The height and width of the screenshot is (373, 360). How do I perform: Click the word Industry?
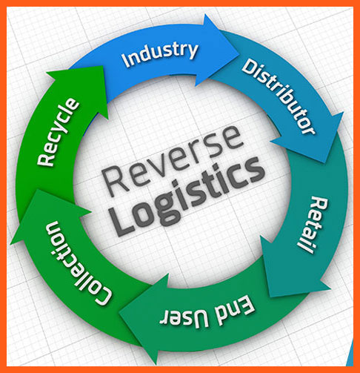pos(160,54)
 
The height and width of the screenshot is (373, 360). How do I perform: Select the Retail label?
pos(313,225)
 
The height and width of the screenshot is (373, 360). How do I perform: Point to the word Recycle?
pos(59,132)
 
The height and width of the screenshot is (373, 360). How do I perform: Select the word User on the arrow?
pos(184,318)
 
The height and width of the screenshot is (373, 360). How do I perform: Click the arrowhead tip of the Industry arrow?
pos(239,53)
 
